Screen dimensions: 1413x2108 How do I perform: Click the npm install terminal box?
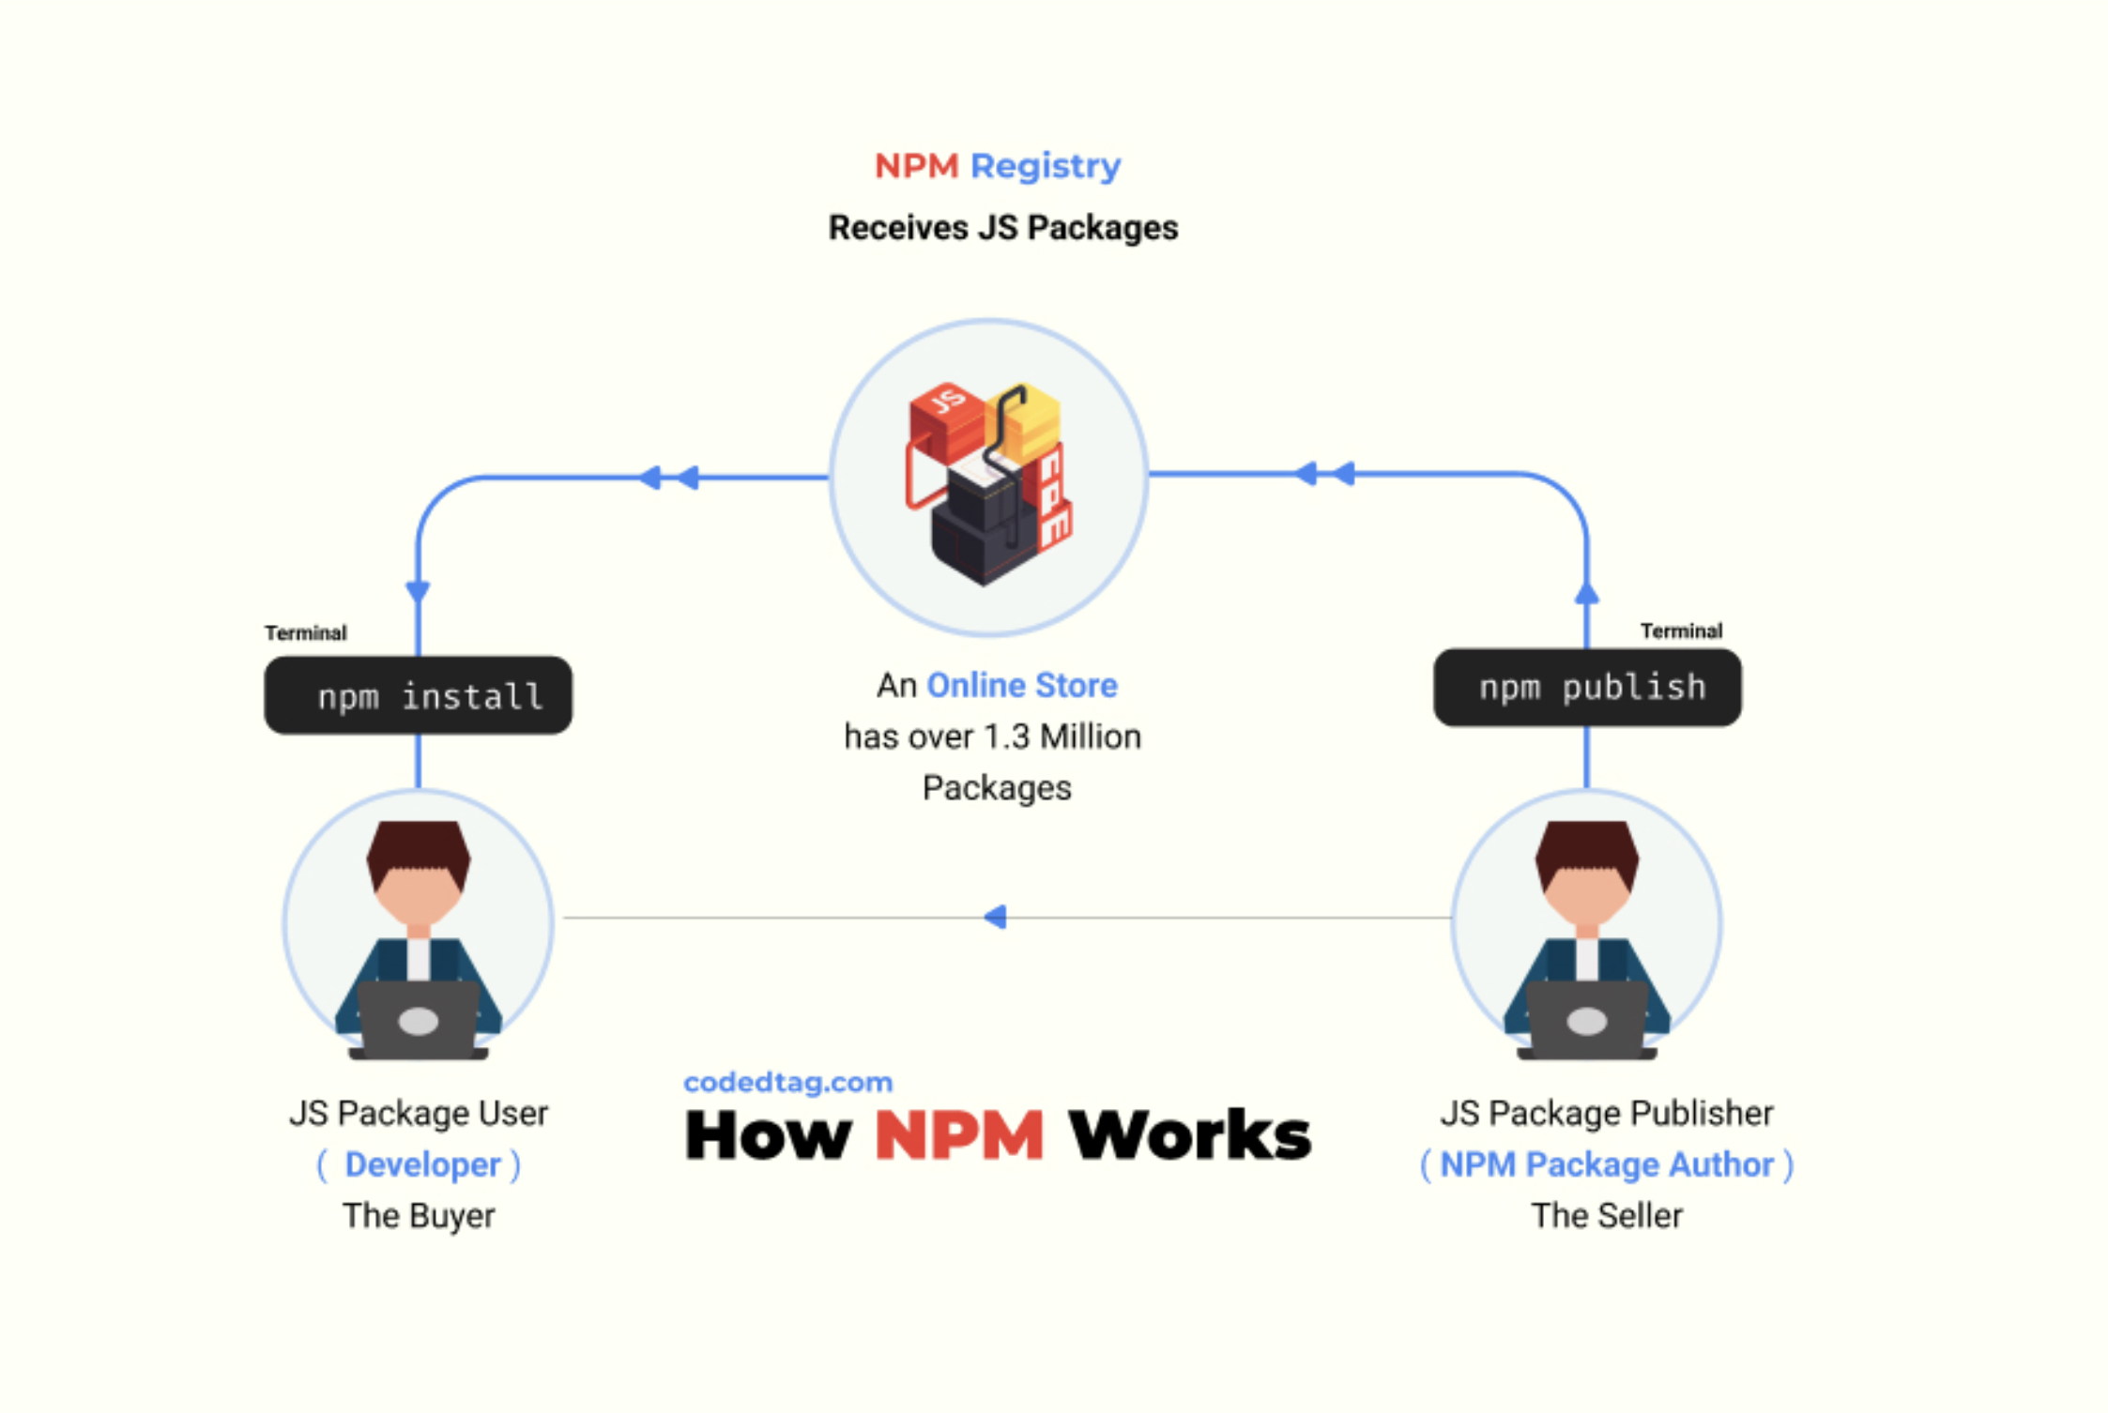pyautogui.click(x=418, y=695)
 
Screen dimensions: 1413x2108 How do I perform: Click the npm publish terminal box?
pyautogui.click(x=1587, y=687)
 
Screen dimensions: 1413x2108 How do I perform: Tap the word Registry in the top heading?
pyautogui.click(x=1045, y=166)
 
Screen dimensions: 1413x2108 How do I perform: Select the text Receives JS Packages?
pyautogui.click(x=1002, y=228)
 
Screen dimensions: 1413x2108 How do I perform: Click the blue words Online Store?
pyautogui.click(x=1021, y=686)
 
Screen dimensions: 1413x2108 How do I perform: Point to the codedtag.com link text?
pyautogui.click(x=787, y=1082)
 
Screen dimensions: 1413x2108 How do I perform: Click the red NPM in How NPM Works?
pyautogui.click(x=958, y=1135)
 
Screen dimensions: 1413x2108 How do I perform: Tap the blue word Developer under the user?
pyautogui.click(x=422, y=1164)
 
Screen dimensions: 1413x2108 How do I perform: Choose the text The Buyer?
pyautogui.click(x=419, y=1216)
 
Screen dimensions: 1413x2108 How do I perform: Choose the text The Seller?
pyautogui.click(x=1607, y=1216)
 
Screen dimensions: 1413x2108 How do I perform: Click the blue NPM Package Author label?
pyautogui.click(x=1607, y=1164)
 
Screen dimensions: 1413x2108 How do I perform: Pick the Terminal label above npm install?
pyautogui.click(x=305, y=633)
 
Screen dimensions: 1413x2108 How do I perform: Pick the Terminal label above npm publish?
pyautogui.click(x=1681, y=631)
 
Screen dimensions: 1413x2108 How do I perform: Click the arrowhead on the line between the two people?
pyautogui.click(x=996, y=917)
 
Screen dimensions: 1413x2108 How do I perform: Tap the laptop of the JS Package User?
pyautogui.click(x=419, y=1020)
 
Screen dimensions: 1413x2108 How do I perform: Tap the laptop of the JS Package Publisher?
pyautogui.click(x=1587, y=1020)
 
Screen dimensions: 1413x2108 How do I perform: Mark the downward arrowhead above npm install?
pyautogui.click(x=418, y=591)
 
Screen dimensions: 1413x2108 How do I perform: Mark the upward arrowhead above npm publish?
pyautogui.click(x=1587, y=593)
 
